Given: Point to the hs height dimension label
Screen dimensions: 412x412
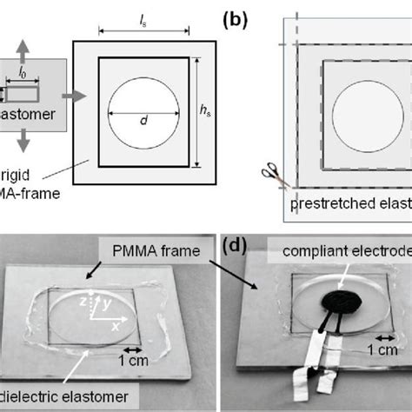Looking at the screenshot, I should click(205, 110).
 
